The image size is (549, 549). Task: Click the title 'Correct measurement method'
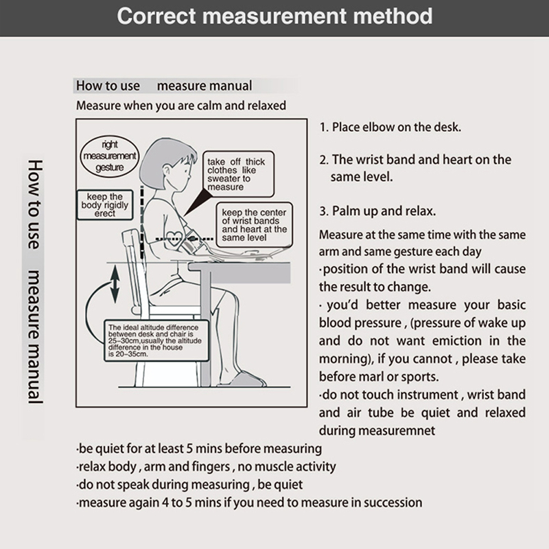click(274, 16)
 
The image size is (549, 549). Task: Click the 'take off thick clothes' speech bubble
click(235, 173)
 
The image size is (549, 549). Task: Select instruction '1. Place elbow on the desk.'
click(390, 128)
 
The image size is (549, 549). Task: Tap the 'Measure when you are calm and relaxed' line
click(181, 106)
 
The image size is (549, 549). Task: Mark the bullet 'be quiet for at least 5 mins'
click(199, 449)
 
